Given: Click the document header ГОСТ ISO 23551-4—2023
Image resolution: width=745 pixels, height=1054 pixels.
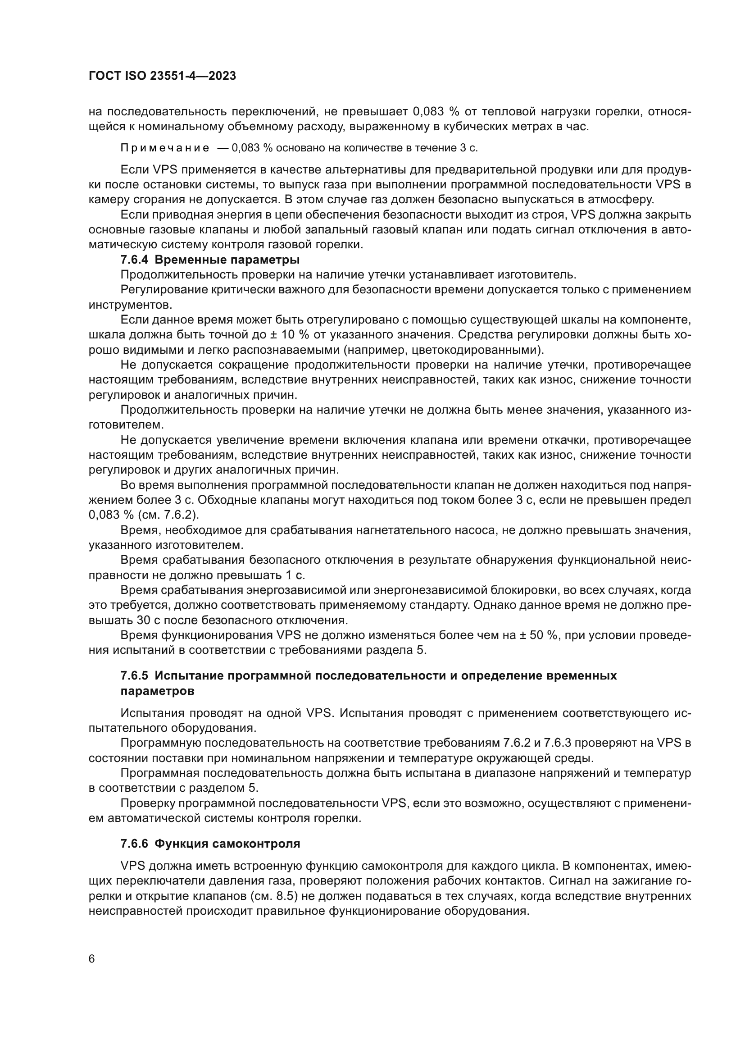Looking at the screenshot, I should pos(162,76).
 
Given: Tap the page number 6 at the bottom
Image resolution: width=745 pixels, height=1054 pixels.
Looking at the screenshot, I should pos(92,959).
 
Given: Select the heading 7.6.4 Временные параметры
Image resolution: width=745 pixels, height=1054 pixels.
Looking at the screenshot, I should pos(209,260).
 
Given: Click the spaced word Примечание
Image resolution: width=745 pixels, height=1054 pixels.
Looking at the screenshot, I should pos(165,148).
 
